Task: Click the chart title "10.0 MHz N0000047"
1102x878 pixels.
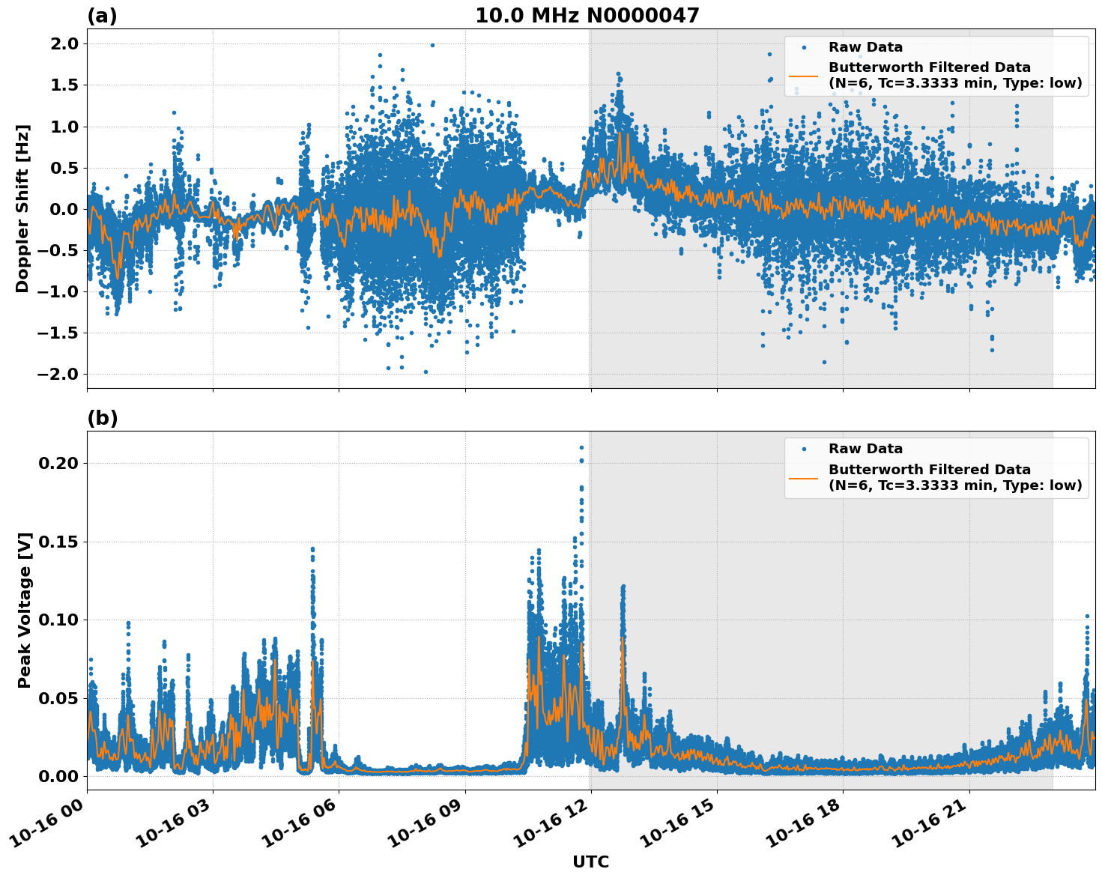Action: pos(587,16)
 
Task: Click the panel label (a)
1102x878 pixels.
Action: pos(102,16)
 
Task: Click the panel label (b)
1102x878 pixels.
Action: pos(102,418)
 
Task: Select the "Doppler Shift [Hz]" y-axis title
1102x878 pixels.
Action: pos(22,208)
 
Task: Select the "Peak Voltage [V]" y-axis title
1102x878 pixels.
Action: pos(25,626)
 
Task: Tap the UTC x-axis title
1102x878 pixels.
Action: pos(590,862)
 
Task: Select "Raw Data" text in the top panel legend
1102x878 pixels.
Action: pos(865,47)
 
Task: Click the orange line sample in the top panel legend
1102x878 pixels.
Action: pos(803,75)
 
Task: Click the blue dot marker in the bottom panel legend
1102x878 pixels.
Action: pos(803,449)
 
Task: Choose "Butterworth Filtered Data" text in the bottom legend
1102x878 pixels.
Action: pos(929,470)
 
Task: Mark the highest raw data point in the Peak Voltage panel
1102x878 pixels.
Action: pos(581,447)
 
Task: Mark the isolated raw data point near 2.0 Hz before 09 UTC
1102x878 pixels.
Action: pos(432,45)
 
